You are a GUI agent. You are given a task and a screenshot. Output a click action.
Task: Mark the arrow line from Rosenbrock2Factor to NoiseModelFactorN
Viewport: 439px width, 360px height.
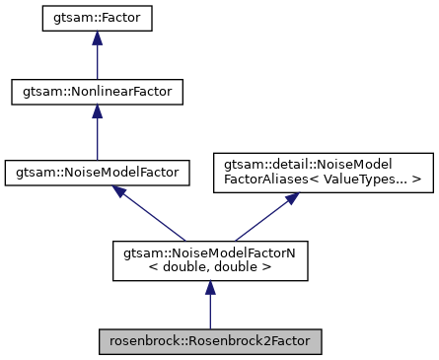pyautogui.click(x=209, y=311)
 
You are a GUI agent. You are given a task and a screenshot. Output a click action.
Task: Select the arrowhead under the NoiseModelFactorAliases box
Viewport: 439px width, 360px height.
pyautogui.click(x=292, y=198)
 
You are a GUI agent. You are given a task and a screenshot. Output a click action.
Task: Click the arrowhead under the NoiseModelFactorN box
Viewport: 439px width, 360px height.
pyautogui.click(x=209, y=287)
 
